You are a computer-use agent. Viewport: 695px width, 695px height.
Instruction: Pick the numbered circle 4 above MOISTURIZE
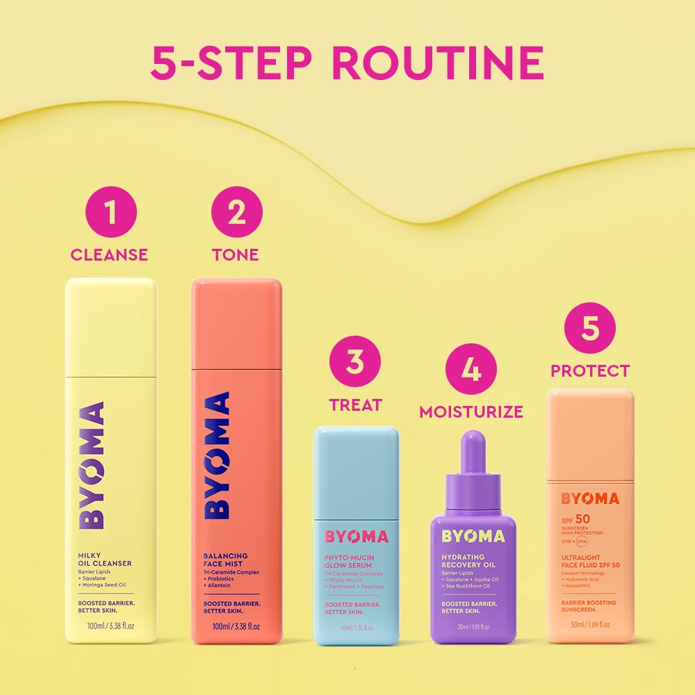click(x=471, y=372)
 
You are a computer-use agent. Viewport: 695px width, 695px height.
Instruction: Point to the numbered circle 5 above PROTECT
click(x=590, y=329)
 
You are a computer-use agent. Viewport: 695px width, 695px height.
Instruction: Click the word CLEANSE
click(x=109, y=255)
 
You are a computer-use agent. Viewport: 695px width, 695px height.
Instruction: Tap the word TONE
click(x=236, y=255)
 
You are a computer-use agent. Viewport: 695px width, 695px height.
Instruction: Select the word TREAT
click(x=355, y=404)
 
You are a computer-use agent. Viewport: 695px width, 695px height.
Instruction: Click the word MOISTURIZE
click(x=471, y=412)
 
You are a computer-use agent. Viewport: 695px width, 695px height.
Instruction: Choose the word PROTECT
click(x=590, y=371)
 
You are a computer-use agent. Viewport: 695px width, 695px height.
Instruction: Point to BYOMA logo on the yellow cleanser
click(x=92, y=465)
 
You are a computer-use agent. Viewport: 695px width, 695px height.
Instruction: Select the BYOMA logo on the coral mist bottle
click(x=218, y=455)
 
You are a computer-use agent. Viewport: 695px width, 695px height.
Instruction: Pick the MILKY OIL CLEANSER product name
click(x=104, y=558)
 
